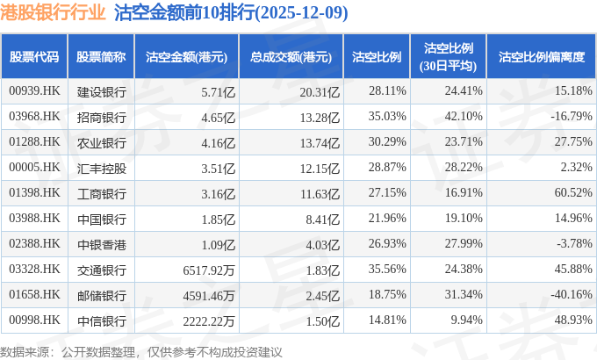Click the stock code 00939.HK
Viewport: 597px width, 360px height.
(x=34, y=90)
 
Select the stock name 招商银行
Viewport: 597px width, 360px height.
(x=102, y=116)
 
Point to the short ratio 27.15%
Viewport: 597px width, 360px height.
(x=387, y=192)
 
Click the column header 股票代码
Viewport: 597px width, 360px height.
(x=34, y=57)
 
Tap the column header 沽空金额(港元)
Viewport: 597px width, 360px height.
(x=186, y=57)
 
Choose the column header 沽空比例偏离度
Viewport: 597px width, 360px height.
(x=541, y=57)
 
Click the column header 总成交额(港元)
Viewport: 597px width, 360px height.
(x=290, y=57)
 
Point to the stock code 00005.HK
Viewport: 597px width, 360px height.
(x=34, y=167)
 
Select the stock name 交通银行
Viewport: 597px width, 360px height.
(x=102, y=269)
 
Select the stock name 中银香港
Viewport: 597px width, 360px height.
(x=102, y=243)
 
